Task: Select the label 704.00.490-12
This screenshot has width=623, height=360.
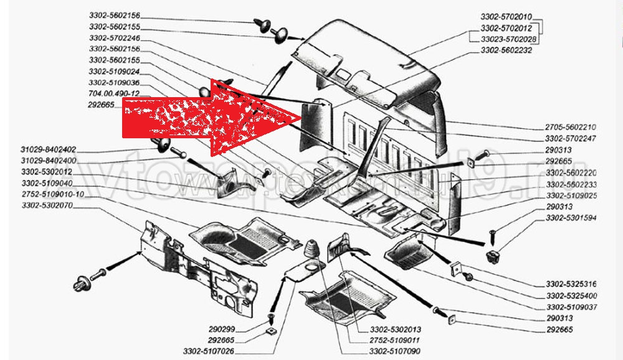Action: point(115,93)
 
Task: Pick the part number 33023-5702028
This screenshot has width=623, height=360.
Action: point(506,39)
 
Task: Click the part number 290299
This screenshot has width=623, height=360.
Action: point(223,328)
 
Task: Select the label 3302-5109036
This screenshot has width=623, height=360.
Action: point(115,82)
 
